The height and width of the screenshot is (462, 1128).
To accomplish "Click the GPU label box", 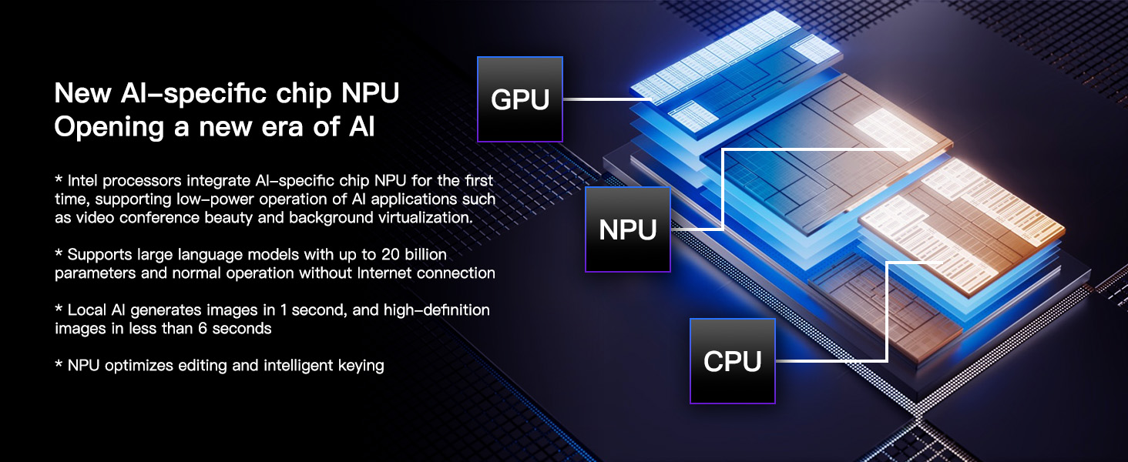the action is pos(519,99).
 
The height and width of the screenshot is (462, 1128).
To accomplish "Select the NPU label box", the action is pos(627,229).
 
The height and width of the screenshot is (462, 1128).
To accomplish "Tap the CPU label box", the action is pos(732,361).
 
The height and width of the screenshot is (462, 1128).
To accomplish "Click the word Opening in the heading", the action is pos(109,128).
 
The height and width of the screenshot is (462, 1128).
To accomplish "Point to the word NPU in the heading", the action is pos(370,93).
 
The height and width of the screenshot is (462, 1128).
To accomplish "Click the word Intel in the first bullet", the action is pos(83,180).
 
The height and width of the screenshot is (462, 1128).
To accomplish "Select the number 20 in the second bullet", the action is pos(391,255).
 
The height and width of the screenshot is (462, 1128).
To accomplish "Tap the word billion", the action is pos(426,255).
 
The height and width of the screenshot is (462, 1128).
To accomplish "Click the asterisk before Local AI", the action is pos(59,308).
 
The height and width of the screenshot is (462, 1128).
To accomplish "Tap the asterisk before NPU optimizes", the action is pos(59,363).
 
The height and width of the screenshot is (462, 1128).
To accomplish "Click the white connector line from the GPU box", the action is pos(607,99).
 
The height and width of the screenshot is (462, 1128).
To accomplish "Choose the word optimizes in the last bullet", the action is pos(139,366).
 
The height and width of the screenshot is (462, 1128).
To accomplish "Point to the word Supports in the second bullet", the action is pos(99,255).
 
